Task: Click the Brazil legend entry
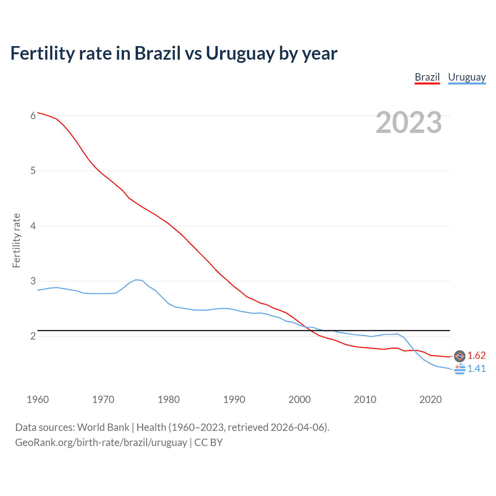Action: click(x=427, y=77)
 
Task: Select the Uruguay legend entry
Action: click(x=467, y=77)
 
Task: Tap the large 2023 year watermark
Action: click(x=408, y=122)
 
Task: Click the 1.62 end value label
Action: click(x=476, y=355)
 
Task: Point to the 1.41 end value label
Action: click(x=476, y=369)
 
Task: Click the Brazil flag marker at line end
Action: click(x=460, y=356)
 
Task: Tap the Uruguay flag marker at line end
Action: click(x=460, y=369)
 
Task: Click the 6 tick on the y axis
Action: click(x=33, y=115)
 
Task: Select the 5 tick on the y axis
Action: click(x=33, y=170)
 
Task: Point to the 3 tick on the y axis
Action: click(x=33, y=281)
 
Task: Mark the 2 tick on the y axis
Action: click(x=33, y=336)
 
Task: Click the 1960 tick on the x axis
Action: click(x=38, y=400)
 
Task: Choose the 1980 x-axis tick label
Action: click(x=169, y=400)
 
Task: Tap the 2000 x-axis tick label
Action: click(x=300, y=400)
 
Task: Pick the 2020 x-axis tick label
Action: click(x=431, y=400)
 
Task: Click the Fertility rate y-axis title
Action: click(x=16, y=240)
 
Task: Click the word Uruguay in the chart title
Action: click(x=240, y=53)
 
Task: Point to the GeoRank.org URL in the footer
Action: click(x=101, y=443)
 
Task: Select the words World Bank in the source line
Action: click(x=103, y=427)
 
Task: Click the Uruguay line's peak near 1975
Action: click(x=136, y=279)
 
